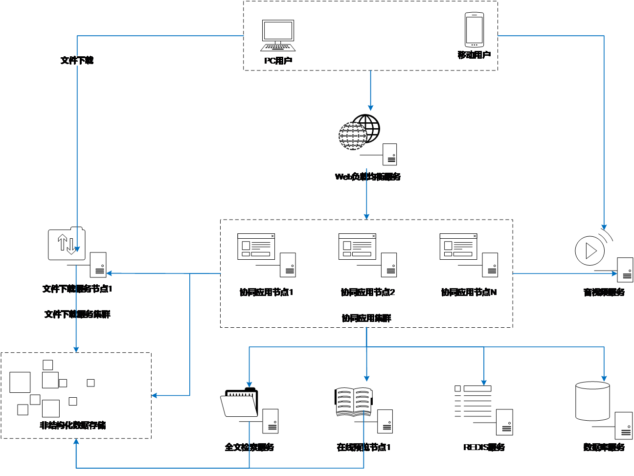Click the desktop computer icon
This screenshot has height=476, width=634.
click(278, 35)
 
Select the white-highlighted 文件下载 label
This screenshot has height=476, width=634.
click(77, 60)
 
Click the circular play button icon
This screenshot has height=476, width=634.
click(589, 251)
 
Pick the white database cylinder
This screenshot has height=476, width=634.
click(592, 401)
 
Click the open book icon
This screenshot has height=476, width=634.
click(354, 402)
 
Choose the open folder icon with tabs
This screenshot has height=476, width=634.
click(239, 404)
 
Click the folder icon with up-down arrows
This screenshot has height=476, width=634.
click(67, 244)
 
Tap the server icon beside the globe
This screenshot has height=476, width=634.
click(390, 155)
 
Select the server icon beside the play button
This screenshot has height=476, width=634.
click(625, 270)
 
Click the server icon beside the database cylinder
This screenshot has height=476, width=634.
click(624, 426)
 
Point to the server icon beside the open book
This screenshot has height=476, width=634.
click(385, 421)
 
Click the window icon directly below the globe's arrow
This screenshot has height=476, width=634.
click(357, 247)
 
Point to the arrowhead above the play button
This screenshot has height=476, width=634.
click(604, 227)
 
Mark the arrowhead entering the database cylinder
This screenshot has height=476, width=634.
click(604, 379)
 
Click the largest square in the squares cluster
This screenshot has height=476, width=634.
click(20, 382)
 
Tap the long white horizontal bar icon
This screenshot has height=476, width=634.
click(477, 388)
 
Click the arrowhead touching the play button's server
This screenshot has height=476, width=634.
click(615, 273)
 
